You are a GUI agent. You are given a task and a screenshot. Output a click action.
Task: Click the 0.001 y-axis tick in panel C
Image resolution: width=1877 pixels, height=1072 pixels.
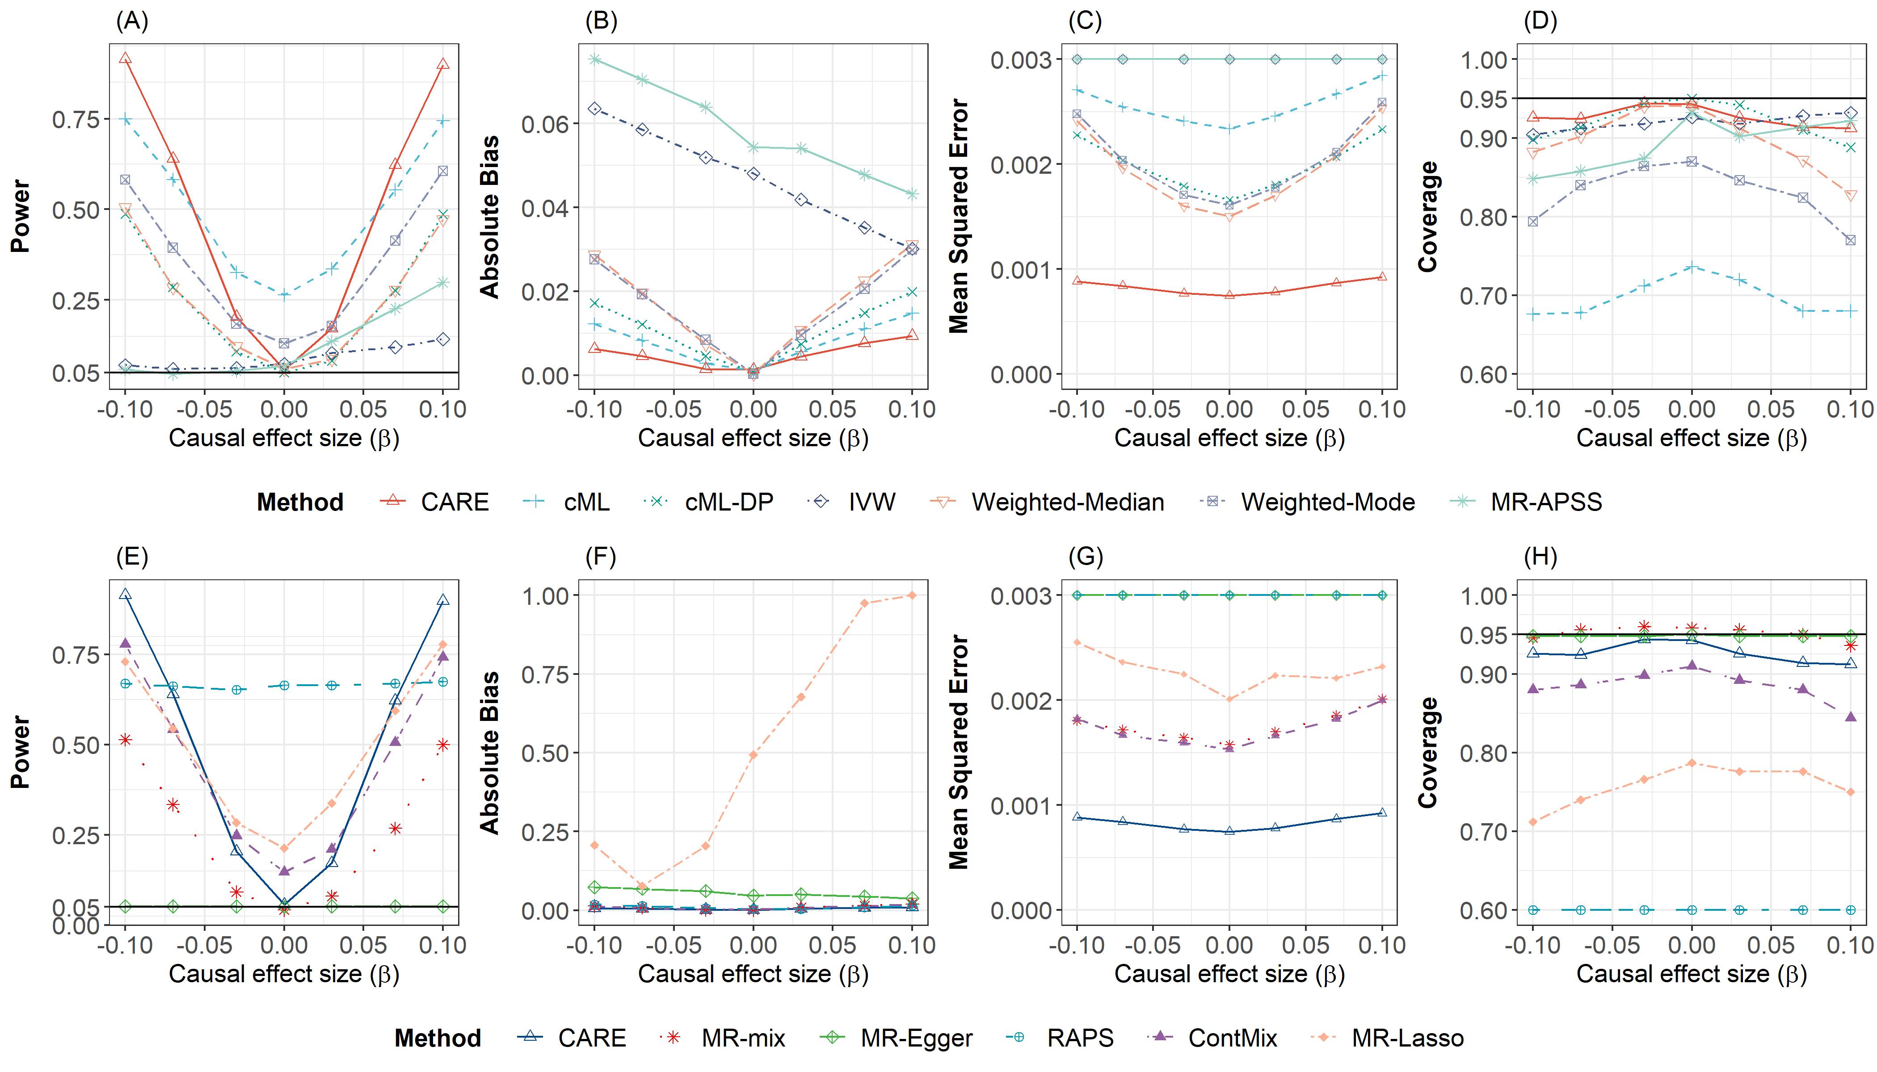pos(1020,269)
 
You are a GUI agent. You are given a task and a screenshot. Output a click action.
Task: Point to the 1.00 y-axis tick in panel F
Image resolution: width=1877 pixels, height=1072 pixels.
pos(545,595)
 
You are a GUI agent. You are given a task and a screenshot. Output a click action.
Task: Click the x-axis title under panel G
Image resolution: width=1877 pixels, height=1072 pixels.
pos(1229,974)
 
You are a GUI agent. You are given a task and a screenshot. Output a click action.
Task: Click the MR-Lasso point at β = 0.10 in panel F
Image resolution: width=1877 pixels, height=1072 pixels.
pos(912,595)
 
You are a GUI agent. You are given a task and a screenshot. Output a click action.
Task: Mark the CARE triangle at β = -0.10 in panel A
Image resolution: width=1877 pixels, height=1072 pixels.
pos(125,58)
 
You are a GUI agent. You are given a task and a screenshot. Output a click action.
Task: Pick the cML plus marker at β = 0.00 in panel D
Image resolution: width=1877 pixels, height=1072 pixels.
pos(1692,267)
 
